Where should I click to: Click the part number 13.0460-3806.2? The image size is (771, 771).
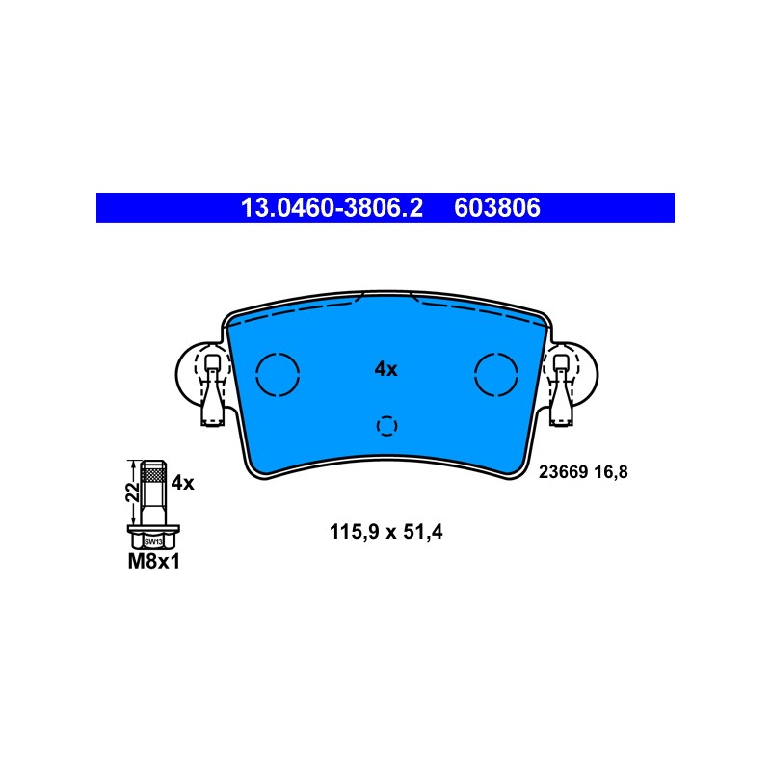point(332,207)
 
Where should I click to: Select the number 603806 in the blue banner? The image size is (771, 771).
point(497,207)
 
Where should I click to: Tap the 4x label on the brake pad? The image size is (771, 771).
point(386,369)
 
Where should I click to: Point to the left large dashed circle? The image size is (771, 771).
point(256,374)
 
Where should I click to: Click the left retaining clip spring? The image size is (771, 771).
point(212,389)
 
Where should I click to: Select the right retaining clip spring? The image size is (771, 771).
point(561,389)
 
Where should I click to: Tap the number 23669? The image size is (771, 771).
point(563,472)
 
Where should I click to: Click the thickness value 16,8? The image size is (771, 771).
point(611,472)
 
